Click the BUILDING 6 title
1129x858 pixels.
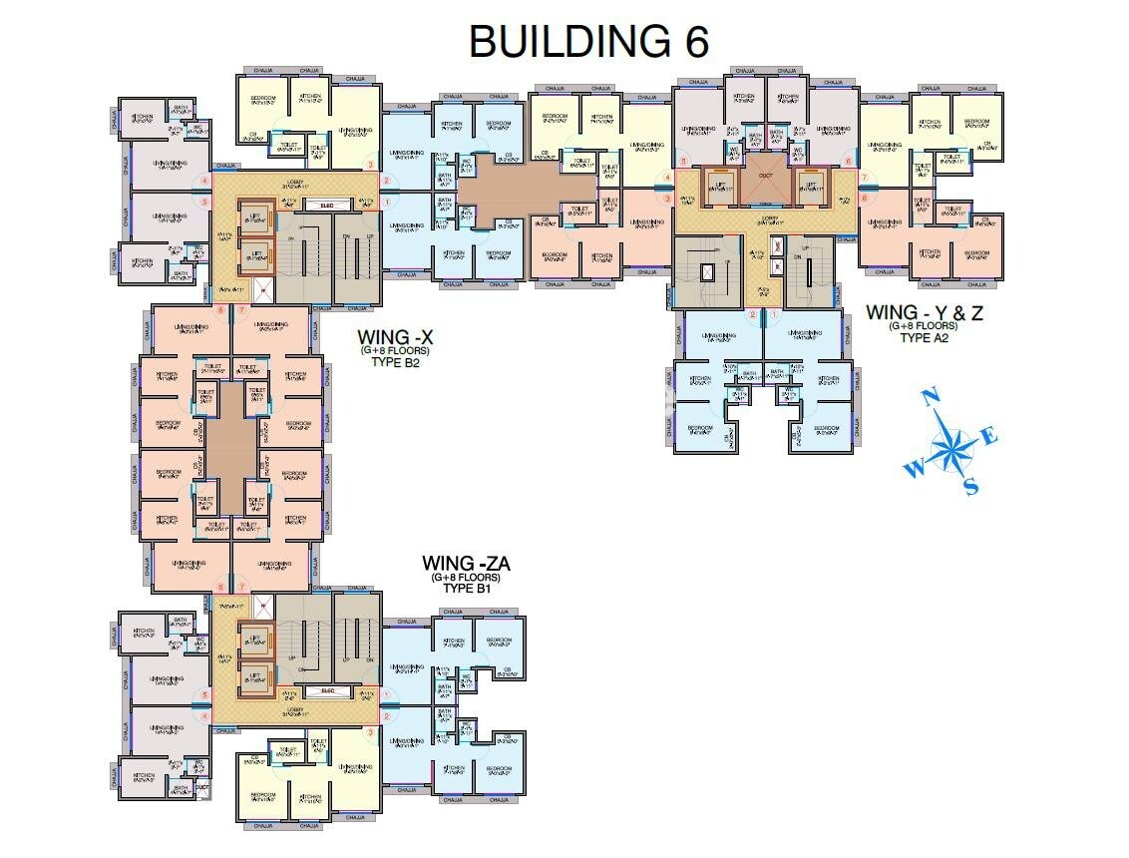(588, 42)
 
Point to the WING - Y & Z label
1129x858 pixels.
(925, 312)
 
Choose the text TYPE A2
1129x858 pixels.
(924, 337)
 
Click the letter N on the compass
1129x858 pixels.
(933, 399)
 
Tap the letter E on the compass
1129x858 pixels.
(989, 436)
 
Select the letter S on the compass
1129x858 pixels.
(970, 486)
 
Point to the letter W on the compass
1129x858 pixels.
(914, 468)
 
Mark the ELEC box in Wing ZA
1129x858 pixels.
(327, 689)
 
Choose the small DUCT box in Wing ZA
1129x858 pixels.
(202, 787)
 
